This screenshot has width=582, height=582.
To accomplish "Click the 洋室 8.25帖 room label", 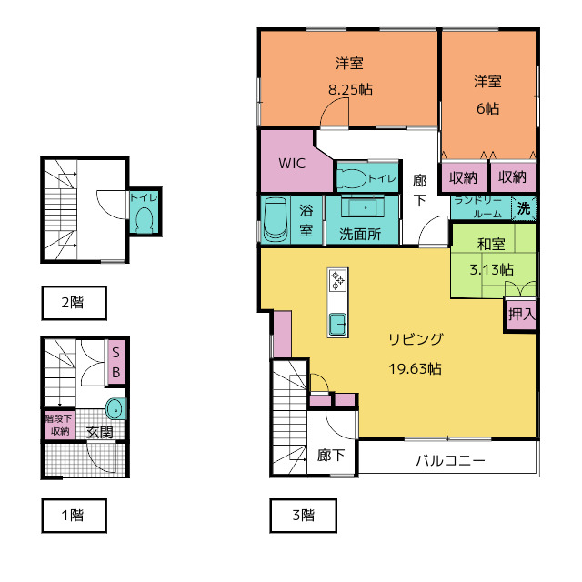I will coord(350,76).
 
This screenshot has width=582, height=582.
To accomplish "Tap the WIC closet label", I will coord(291,165).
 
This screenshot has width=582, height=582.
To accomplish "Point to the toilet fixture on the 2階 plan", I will coord(144,217).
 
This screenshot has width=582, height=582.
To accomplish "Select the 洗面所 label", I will coord(361,233).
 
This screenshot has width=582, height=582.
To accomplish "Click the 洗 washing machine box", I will coord(524,206).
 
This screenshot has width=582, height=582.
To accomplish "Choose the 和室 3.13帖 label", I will coord(491,257).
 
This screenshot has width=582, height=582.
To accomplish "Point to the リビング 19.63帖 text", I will coord(416,354).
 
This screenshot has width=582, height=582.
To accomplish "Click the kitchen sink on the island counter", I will coord(337,323).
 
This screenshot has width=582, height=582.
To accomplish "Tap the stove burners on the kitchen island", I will coord(337,280).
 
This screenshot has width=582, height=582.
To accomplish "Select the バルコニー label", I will coord(450,460).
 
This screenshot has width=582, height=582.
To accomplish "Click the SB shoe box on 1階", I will coord(116,362).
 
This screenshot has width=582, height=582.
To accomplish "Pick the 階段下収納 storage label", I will coord(60,425).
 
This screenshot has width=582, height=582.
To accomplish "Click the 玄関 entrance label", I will coord(100,433).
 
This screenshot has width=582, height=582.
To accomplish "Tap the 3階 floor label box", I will coord(303,515).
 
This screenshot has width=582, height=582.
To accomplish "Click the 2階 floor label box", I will coord(73,304).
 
